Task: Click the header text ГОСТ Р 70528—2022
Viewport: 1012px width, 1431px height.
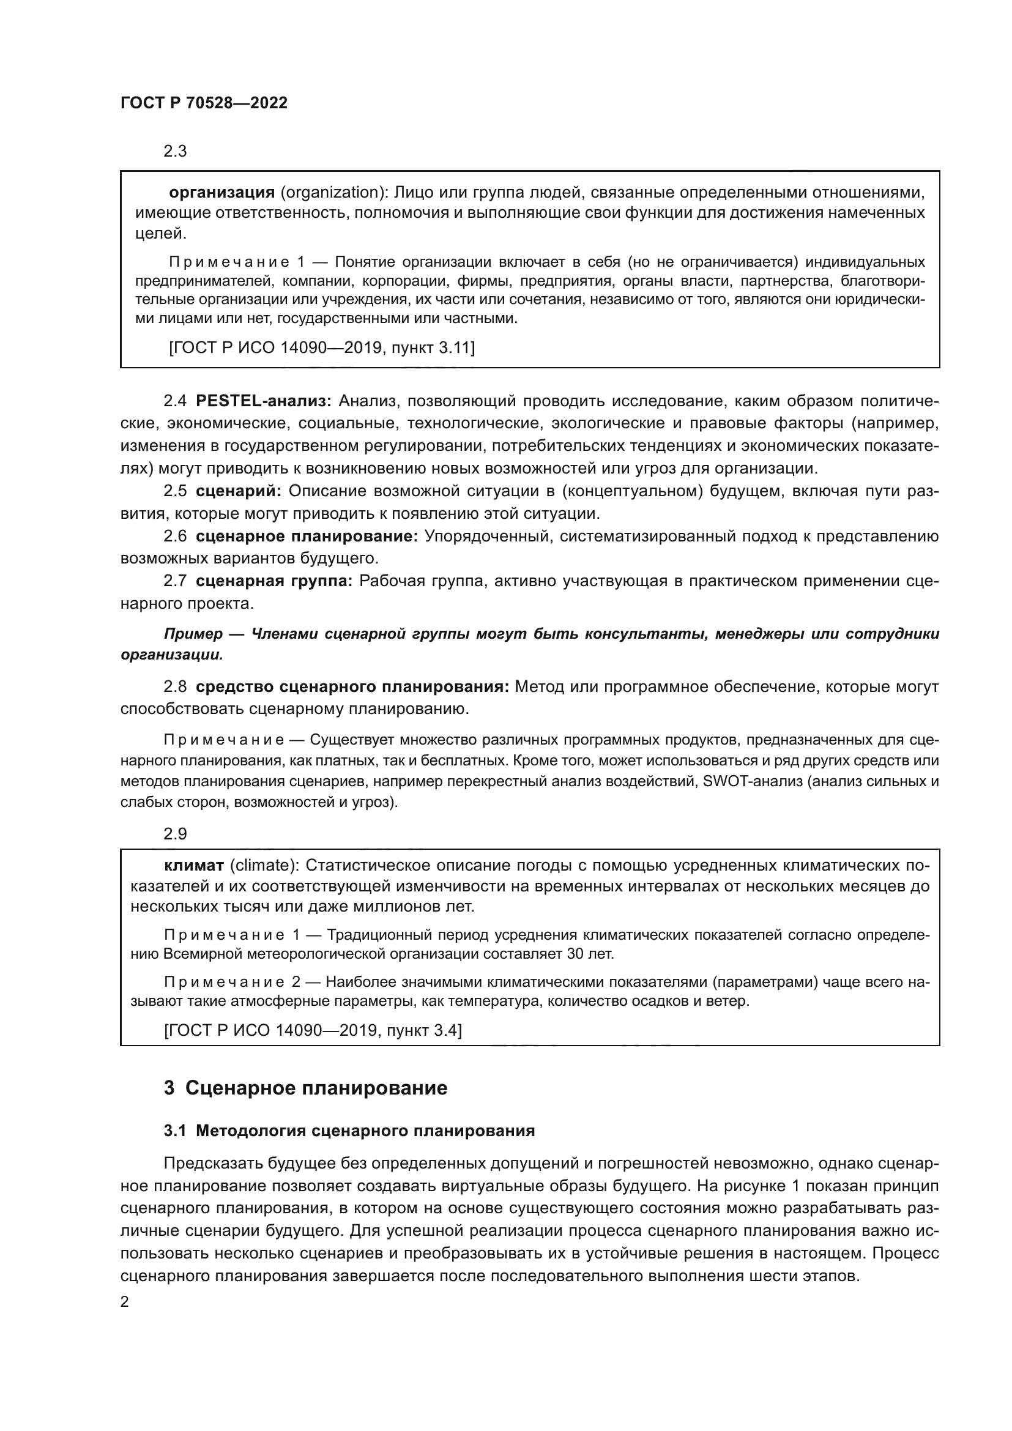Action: coord(204,103)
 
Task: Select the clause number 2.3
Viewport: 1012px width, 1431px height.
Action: coord(175,152)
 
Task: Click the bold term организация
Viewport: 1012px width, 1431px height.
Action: coord(223,192)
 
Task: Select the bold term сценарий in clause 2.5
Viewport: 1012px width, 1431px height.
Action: coord(238,491)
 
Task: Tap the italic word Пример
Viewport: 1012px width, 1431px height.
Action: coord(193,634)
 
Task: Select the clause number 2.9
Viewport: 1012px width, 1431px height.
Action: coord(175,834)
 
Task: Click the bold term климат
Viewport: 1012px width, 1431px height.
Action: coord(194,866)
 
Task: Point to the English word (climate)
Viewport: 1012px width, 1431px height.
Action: coord(264,866)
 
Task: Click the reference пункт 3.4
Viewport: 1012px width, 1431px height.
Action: coord(424,1030)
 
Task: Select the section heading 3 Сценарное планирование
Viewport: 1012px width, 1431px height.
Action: coord(305,1088)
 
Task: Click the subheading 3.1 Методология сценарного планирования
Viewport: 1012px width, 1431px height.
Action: coord(349,1131)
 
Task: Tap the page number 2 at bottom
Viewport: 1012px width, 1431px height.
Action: coord(125,1302)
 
